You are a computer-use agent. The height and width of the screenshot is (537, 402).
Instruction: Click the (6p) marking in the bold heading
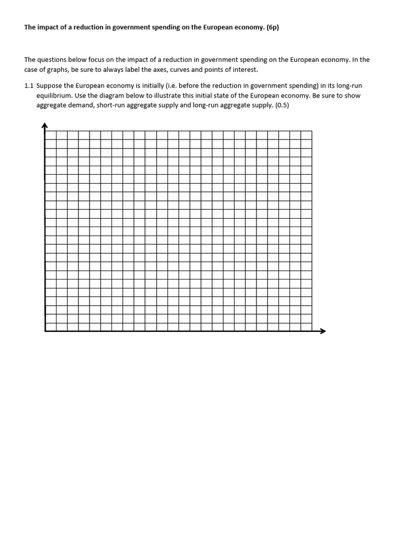pos(270,28)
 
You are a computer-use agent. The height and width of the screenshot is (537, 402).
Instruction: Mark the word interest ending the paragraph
pos(245,70)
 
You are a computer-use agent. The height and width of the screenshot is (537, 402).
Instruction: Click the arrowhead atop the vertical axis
pos(45,125)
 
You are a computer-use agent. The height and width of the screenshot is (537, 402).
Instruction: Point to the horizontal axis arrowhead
pos(322,331)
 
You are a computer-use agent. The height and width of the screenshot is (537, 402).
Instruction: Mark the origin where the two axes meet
pos(46,331)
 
